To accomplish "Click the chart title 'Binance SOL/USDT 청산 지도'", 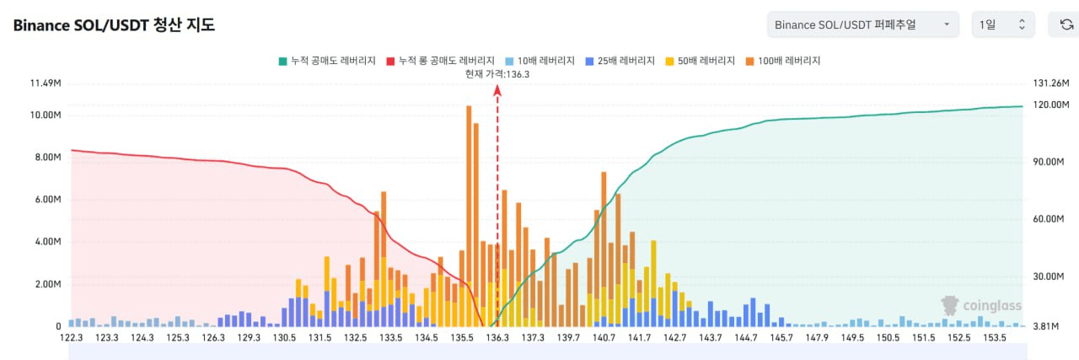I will (114, 25).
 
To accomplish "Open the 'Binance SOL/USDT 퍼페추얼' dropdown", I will (863, 24).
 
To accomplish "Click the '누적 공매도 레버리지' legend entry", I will (328, 61).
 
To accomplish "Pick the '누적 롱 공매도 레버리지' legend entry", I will (439, 61).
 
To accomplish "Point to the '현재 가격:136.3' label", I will (497, 74).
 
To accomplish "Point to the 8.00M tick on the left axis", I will (46, 158).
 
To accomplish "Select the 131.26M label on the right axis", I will (1050, 83).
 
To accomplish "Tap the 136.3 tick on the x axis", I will (497, 338).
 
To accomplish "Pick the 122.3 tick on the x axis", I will (70, 338).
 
